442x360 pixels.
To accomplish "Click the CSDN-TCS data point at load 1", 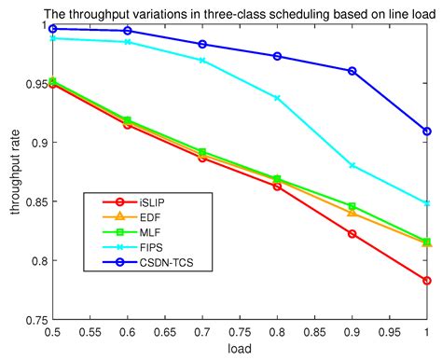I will [426, 132].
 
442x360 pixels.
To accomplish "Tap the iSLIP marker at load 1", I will [426, 281].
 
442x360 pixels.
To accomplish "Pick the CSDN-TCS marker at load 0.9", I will [352, 71].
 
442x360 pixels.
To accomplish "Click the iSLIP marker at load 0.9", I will [352, 233].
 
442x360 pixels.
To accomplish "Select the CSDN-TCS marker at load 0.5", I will [53, 29].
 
